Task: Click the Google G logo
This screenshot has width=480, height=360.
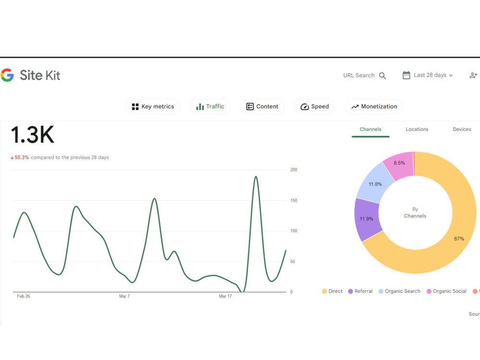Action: click(7, 75)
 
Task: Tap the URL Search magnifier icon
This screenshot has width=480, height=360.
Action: click(383, 76)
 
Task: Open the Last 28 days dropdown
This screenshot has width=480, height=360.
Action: click(428, 75)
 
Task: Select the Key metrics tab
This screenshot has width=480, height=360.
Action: click(153, 107)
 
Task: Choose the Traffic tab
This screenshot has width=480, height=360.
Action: click(210, 107)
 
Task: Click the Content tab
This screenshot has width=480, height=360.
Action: click(263, 107)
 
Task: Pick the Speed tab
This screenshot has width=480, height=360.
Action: click(315, 107)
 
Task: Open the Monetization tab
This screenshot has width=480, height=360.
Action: click(374, 107)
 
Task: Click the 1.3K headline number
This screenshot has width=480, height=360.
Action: click(33, 135)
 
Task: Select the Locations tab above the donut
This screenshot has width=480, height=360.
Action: click(417, 129)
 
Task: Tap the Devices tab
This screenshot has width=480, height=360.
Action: click(462, 129)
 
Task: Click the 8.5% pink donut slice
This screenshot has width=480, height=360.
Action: click(398, 166)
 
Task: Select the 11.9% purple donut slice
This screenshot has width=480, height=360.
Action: click(367, 219)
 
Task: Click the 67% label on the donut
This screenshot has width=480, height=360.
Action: click(459, 239)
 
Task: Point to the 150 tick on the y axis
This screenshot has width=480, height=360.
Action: click(294, 201)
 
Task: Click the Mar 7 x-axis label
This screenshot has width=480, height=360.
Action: click(124, 296)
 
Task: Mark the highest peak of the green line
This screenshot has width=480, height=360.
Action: click(256, 177)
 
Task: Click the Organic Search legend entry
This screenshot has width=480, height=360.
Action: click(399, 291)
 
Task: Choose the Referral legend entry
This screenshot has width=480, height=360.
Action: click(360, 291)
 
